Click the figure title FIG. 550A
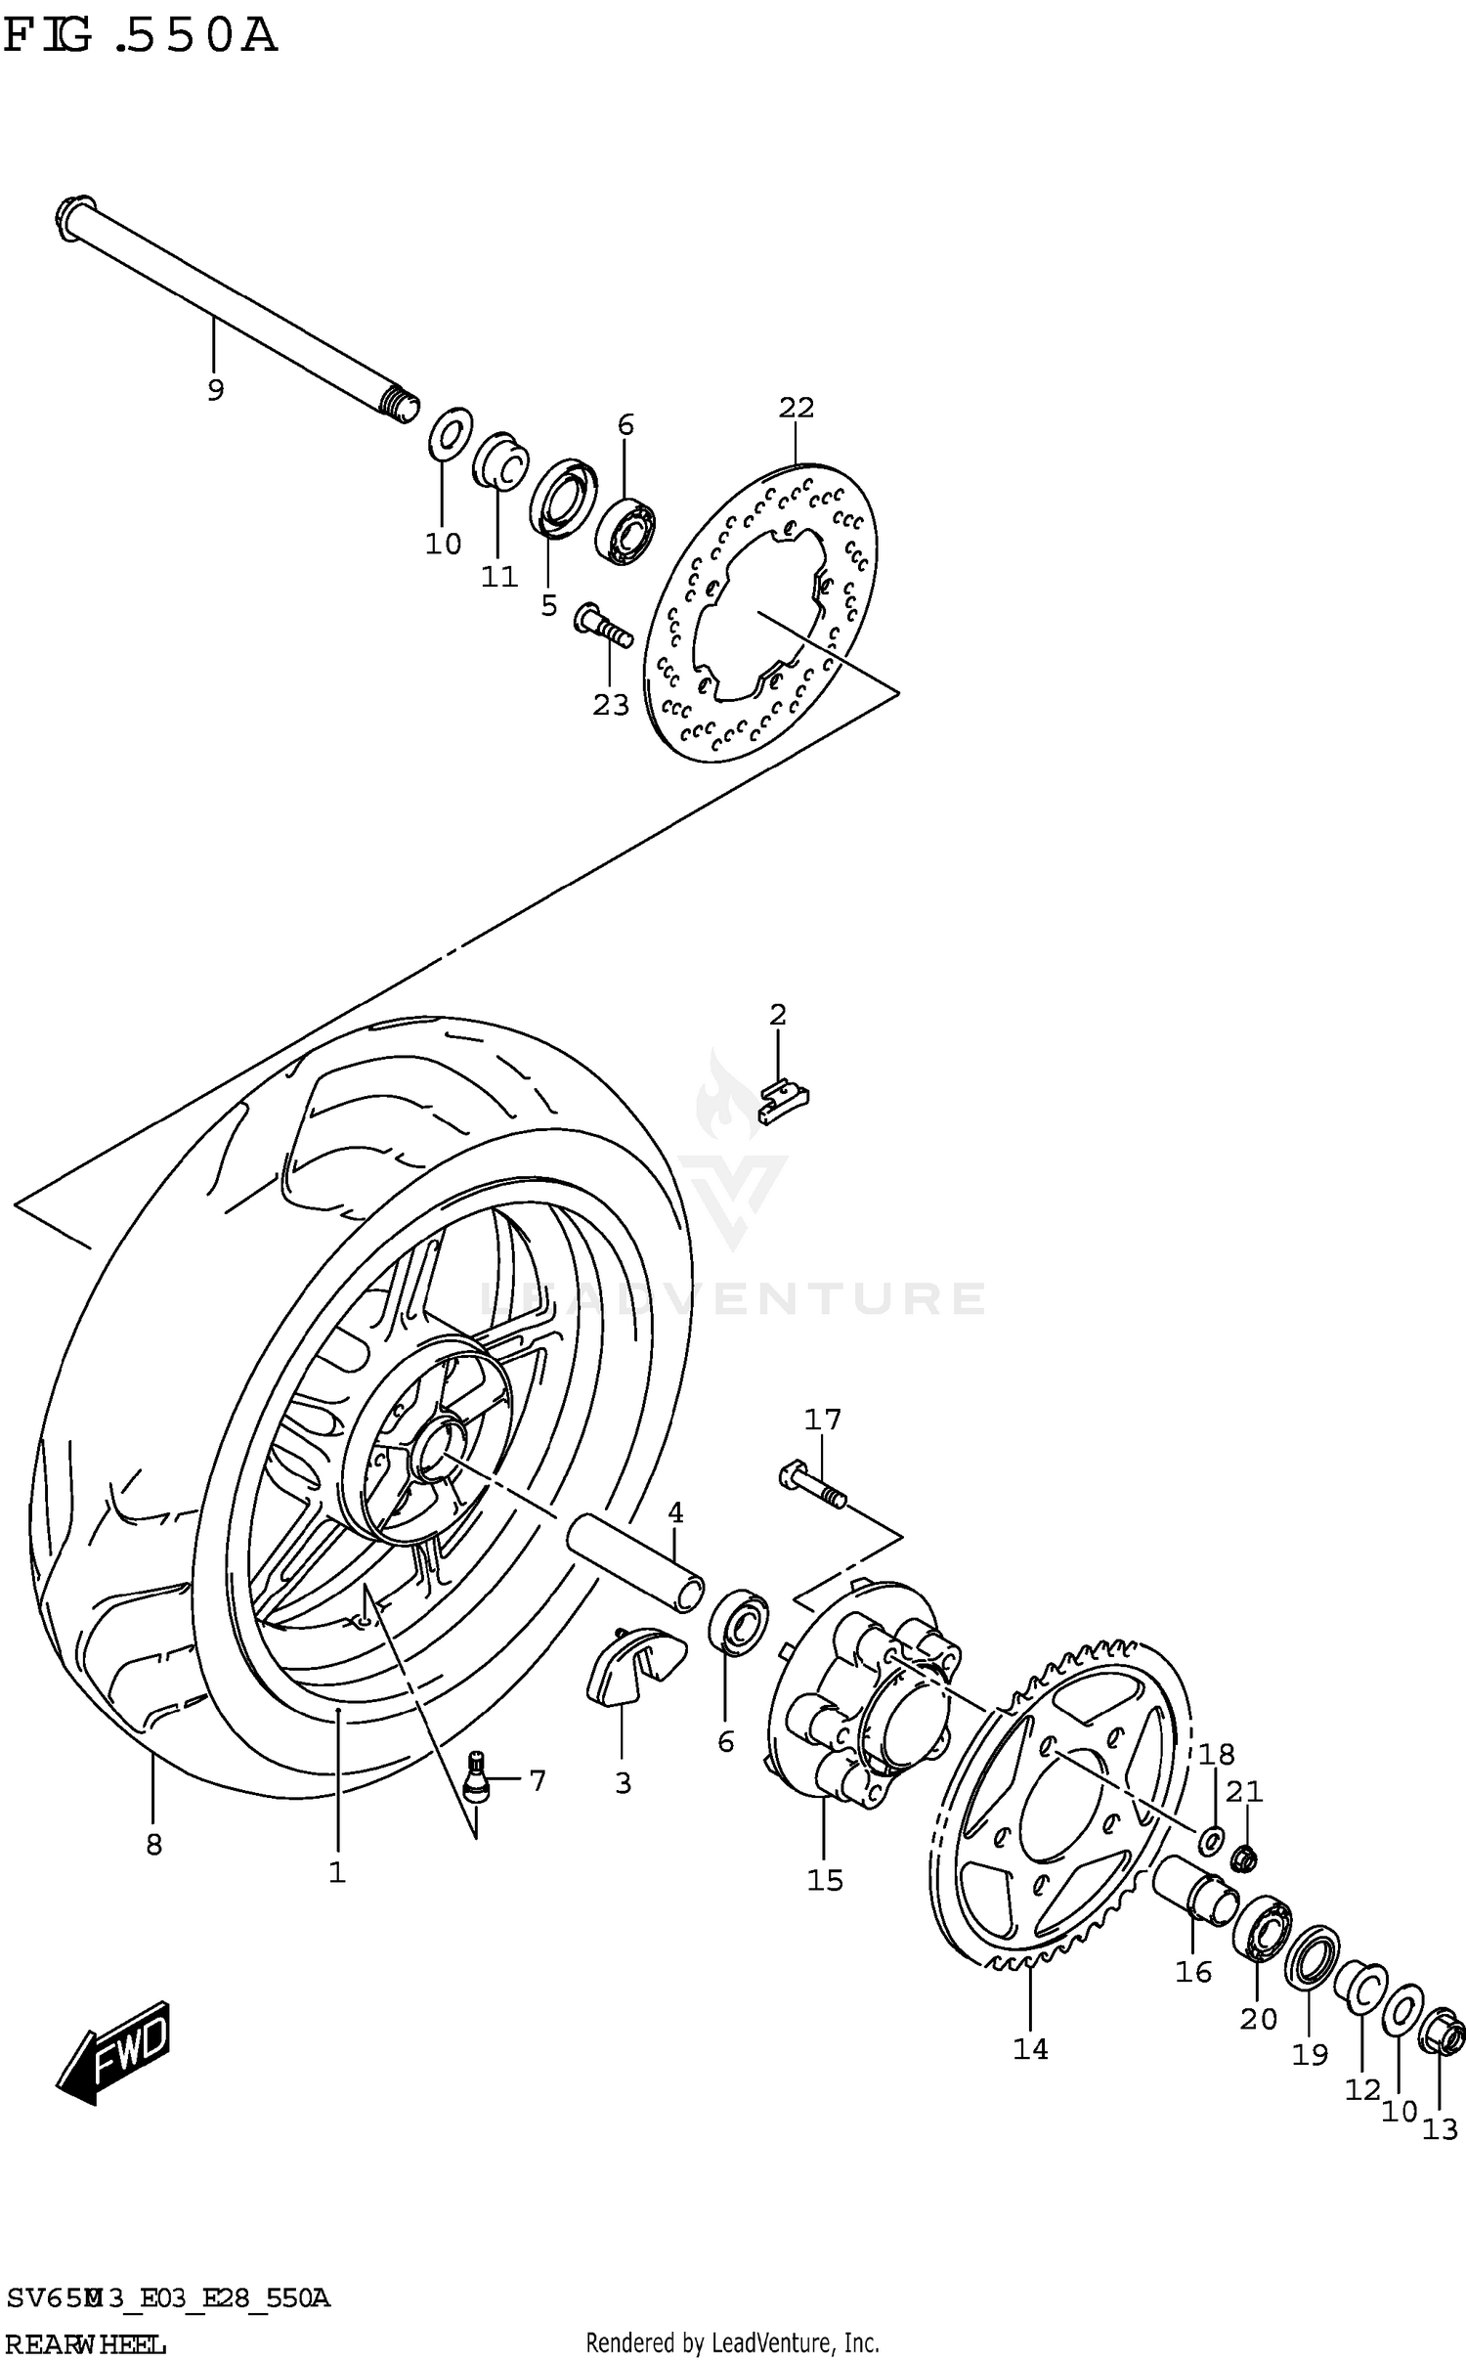pos(140,37)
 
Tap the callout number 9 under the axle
pos(215,390)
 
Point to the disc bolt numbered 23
pos(603,626)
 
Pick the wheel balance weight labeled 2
pos(784,1102)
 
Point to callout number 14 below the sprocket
pos(1030,2048)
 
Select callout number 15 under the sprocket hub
pos(825,1879)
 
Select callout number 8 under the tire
pos(153,1844)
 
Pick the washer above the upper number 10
pos(450,435)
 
